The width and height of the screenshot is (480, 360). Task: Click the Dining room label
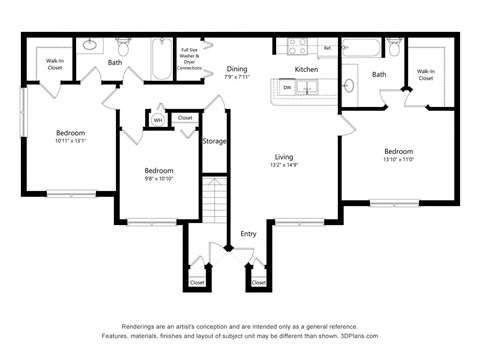tap(237, 69)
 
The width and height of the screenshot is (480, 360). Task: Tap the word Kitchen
tap(306, 69)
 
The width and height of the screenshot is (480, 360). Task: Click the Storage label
tap(214, 141)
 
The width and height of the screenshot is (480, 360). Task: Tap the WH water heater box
tap(157, 120)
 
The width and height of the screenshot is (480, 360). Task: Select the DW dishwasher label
tap(286, 88)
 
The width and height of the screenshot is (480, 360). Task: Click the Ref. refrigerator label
tap(326, 47)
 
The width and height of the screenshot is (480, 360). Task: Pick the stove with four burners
tap(298, 46)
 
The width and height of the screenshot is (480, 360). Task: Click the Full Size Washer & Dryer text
tap(191, 57)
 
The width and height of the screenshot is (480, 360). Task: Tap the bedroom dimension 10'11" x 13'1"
tap(70, 142)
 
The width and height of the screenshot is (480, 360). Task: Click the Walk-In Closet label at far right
tap(425, 74)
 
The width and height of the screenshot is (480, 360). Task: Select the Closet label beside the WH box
tap(185, 118)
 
